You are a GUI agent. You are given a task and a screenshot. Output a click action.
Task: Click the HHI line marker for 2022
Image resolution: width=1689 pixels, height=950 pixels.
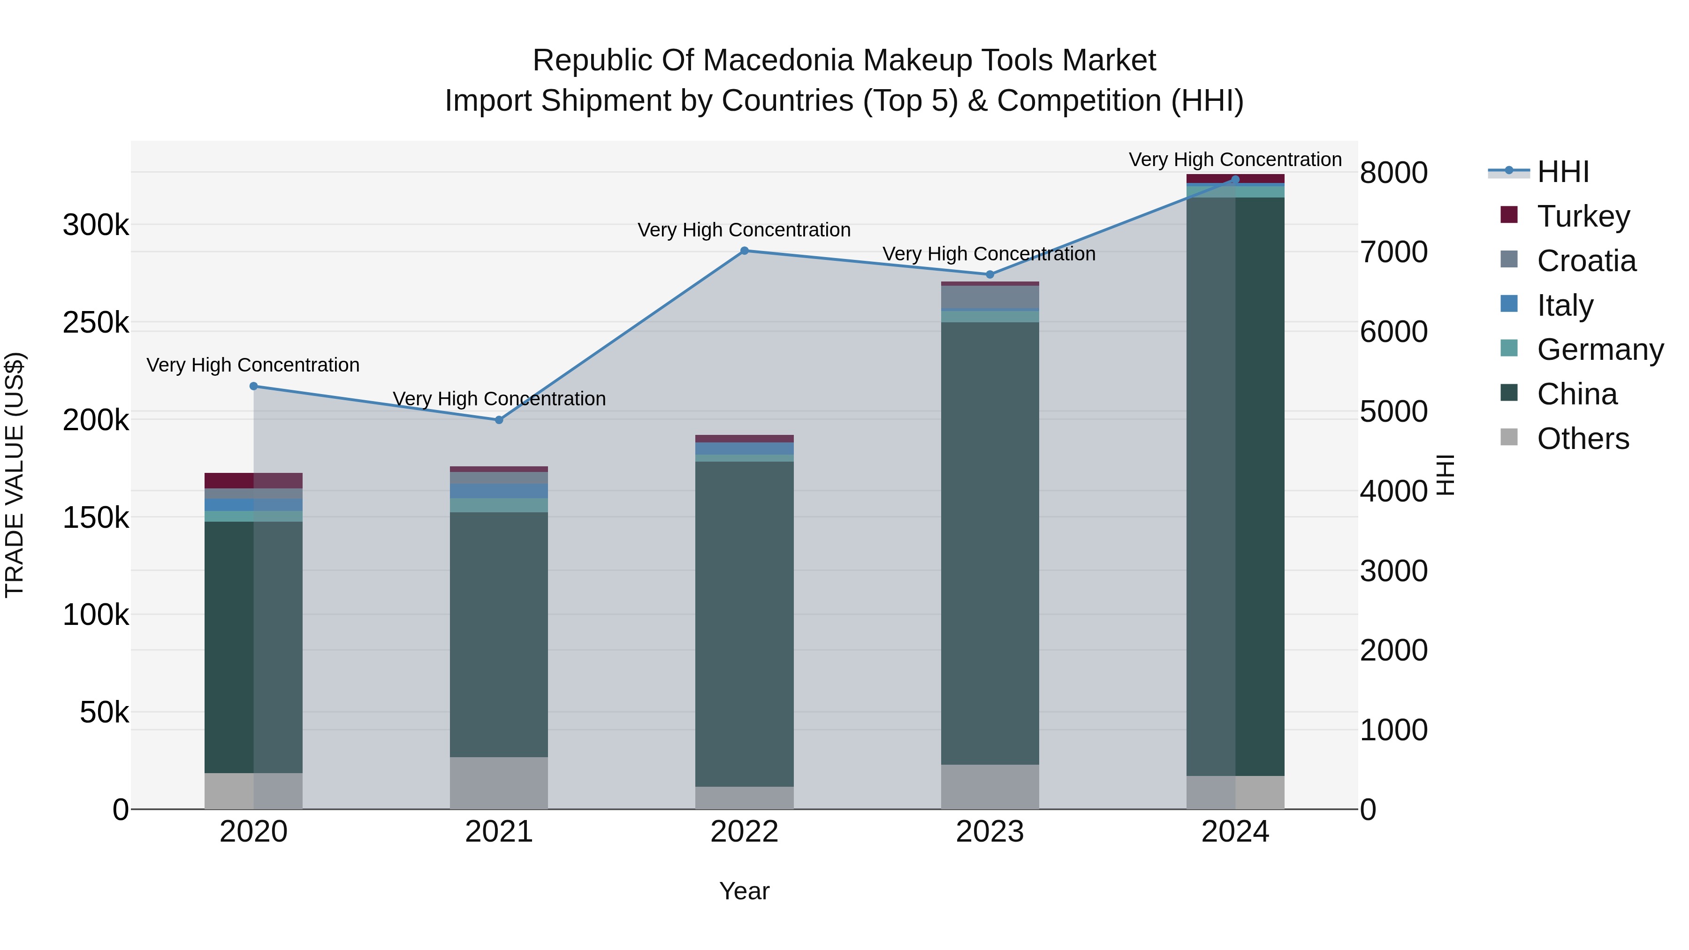744,251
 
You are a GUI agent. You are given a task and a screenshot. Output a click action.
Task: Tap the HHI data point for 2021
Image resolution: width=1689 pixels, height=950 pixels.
499,419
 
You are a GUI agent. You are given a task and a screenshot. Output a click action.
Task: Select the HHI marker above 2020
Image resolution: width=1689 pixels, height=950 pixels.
254,386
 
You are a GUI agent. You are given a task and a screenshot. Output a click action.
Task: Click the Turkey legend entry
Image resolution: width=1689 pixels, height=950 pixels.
1583,216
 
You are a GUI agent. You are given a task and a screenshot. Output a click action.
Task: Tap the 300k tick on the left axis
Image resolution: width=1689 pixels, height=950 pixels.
96,225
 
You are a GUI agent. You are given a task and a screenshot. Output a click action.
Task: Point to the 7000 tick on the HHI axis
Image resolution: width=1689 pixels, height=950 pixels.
1393,252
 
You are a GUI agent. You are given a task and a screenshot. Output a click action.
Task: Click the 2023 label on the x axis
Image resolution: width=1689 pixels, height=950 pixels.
989,831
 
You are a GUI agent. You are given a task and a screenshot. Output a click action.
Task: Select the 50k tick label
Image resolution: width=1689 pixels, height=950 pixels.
104,712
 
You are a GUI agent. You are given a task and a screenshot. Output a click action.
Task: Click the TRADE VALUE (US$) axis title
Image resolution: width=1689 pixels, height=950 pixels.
15,475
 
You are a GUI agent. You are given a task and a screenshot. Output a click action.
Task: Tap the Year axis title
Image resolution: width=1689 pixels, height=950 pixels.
744,891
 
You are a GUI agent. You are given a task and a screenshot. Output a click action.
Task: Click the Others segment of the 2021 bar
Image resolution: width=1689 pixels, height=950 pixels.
499,783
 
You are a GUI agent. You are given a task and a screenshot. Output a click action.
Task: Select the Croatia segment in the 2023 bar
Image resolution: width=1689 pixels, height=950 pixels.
990,297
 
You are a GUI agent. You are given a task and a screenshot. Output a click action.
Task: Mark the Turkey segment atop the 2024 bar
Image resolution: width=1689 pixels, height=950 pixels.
1235,178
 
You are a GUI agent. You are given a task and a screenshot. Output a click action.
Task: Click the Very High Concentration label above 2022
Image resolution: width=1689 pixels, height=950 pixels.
744,230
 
